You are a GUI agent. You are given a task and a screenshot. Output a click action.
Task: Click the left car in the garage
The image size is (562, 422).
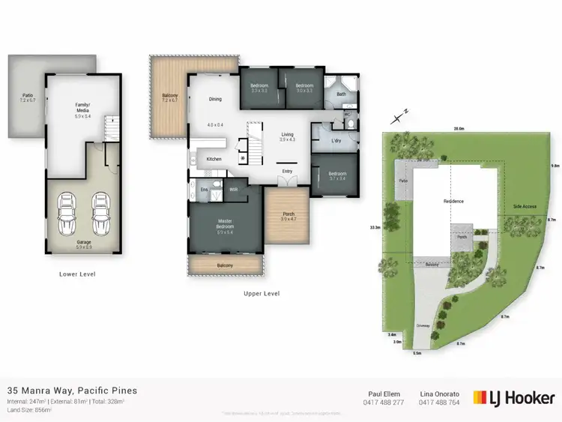point(66,211)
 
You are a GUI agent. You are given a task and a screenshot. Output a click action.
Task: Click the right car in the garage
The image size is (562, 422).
point(99,211)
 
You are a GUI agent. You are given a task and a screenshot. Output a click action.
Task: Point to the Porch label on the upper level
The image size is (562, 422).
point(288,215)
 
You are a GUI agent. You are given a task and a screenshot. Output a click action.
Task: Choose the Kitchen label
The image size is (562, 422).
point(214,159)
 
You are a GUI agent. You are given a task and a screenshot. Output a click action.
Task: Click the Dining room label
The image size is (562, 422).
point(215,99)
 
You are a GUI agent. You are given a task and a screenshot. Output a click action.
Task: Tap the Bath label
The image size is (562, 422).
point(342,94)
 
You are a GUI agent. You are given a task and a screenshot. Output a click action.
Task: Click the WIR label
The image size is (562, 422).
point(233,190)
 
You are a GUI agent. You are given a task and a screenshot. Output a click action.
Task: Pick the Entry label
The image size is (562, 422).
point(287,172)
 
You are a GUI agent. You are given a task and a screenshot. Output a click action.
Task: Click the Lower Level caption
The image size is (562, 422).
point(77,274)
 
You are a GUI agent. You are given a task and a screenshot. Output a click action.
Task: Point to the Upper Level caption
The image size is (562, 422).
point(262,293)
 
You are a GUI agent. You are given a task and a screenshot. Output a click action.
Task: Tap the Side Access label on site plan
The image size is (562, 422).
point(525,206)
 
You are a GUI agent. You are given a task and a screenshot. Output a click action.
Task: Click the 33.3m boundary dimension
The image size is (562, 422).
point(375,227)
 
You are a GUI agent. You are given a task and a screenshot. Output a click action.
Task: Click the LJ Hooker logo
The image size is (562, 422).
point(514,397)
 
